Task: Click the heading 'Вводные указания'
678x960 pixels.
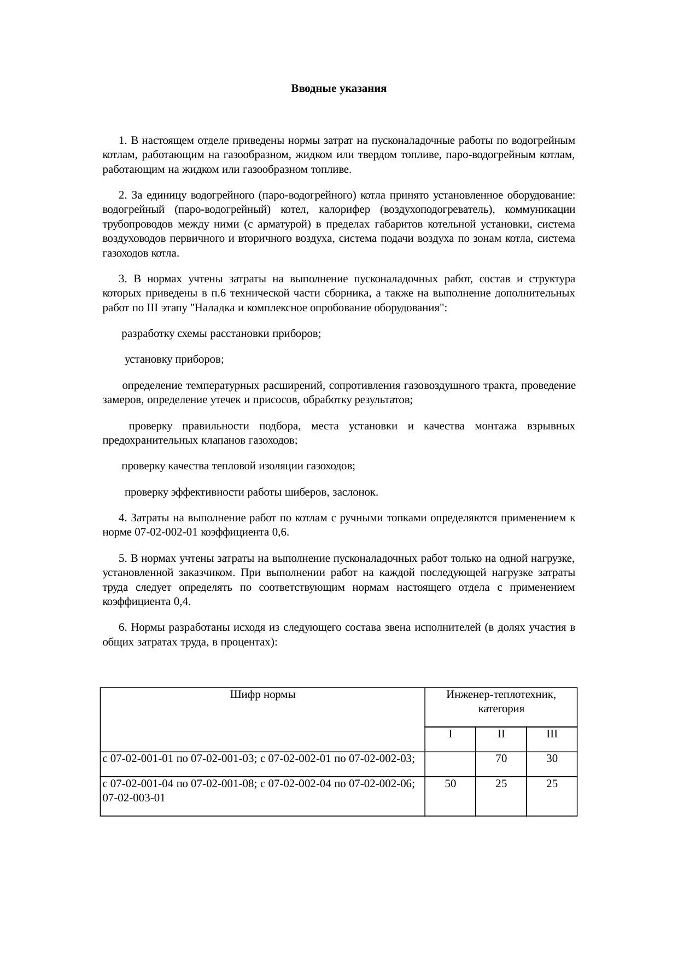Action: [338, 89]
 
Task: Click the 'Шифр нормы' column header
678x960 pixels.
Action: [262, 695]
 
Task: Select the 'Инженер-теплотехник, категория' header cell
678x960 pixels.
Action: [501, 702]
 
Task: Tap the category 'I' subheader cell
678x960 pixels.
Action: [450, 734]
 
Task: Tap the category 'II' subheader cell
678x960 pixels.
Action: [501, 734]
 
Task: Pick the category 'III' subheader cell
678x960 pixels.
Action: [552, 734]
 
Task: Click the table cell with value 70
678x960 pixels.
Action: [501, 759]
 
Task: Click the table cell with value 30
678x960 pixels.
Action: [552, 759]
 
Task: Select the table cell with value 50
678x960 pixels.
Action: [450, 784]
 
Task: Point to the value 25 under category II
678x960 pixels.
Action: [501, 784]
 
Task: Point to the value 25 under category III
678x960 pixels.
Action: [552, 784]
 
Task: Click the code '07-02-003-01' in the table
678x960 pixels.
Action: [134, 798]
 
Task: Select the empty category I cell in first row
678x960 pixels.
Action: [450, 763]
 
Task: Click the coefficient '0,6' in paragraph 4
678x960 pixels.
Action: [279, 532]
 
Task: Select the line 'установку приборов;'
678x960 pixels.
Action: [174, 360]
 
